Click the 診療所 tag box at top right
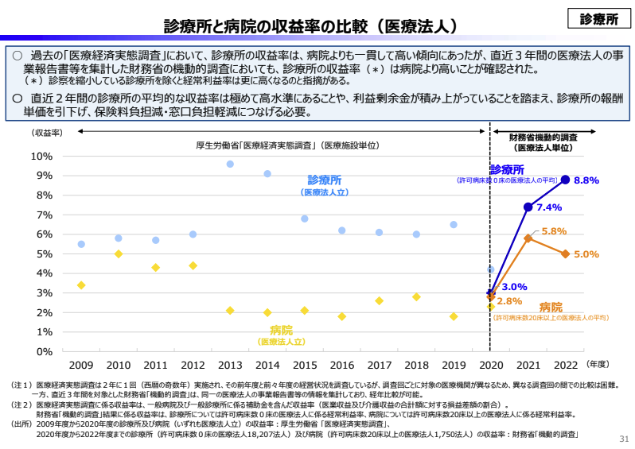pos(599,19)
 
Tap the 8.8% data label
pos(586,180)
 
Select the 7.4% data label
pos(549,207)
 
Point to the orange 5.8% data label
pos(553,231)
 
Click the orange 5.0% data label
pos(586,254)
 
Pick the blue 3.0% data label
pos(515,287)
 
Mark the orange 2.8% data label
pos(509,301)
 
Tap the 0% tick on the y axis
pos(45,351)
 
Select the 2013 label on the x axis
pos(229,366)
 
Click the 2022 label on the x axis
pos(565,366)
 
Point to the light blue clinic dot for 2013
pos(230,164)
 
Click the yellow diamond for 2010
pos(119,254)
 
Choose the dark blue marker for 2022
pos(565,180)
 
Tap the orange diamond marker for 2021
pos(528,238)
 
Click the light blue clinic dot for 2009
pos(81,244)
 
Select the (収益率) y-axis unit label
pos(47,133)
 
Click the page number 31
pos(623,439)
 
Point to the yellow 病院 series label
pos(281,330)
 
